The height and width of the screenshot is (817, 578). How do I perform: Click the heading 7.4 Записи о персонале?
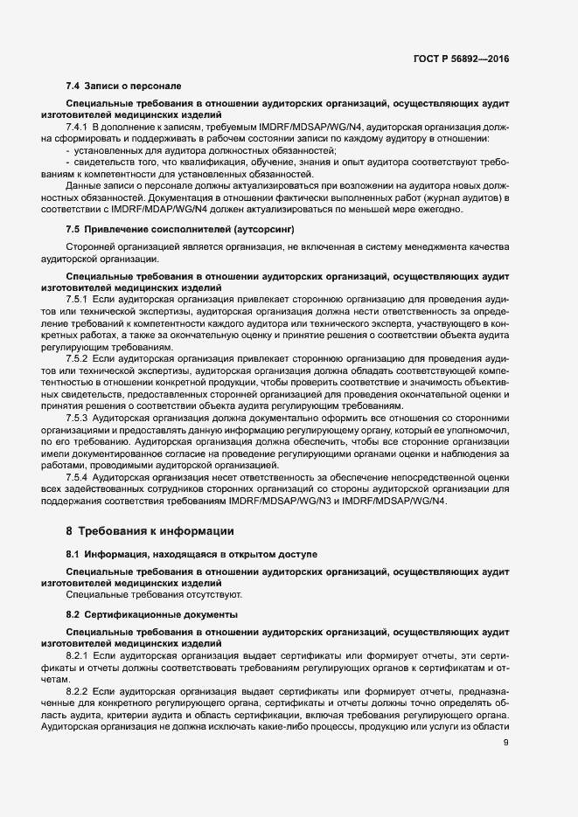[x=123, y=87]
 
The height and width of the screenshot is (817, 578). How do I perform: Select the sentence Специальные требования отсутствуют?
[x=155, y=595]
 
